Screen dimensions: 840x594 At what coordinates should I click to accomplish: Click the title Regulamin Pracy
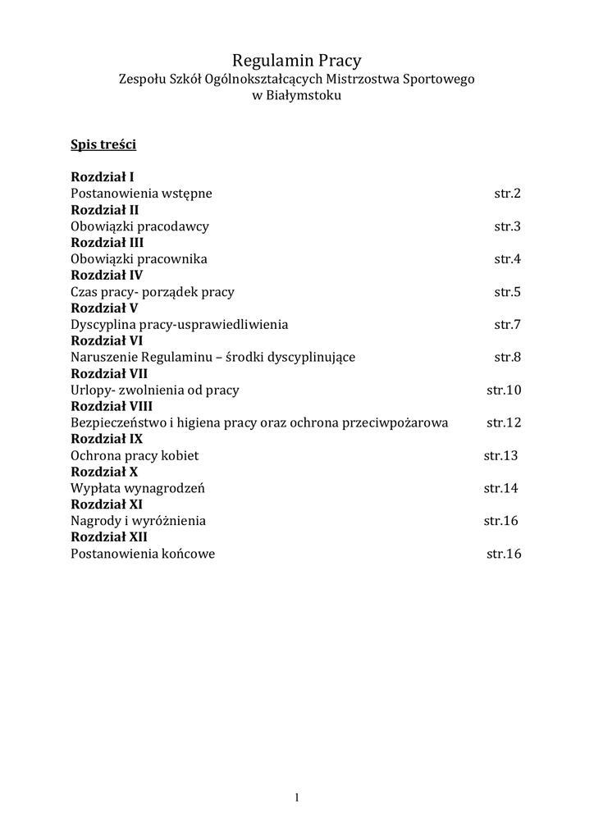(x=296, y=60)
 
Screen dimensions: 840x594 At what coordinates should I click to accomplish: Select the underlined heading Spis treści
(x=103, y=144)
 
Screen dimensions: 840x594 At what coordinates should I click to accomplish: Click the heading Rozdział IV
(x=107, y=276)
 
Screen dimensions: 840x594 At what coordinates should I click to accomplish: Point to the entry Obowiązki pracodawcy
(x=139, y=226)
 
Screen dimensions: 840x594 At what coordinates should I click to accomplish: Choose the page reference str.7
(x=507, y=325)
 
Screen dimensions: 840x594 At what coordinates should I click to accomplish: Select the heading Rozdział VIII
(x=112, y=406)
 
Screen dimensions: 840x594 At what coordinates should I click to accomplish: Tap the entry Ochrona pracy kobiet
(x=135, y=455)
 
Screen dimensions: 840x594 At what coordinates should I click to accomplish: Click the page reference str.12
(x=504, y=423)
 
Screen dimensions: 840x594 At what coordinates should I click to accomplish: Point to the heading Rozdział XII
(x=109, y=537)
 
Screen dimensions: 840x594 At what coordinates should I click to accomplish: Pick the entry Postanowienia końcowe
(x=143, y=554)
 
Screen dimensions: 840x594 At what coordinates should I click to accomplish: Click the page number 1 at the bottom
(x=297, y=797)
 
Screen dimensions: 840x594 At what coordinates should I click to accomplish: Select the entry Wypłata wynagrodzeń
(x=138, y=488)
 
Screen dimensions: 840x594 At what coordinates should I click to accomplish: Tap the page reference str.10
(x=504, y=390)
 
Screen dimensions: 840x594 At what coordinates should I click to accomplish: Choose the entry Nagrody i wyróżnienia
(x=139, y=521)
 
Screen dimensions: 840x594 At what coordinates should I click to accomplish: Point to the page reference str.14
(x=500, y=488)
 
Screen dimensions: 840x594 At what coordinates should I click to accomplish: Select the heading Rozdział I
(x=103, y=177)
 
